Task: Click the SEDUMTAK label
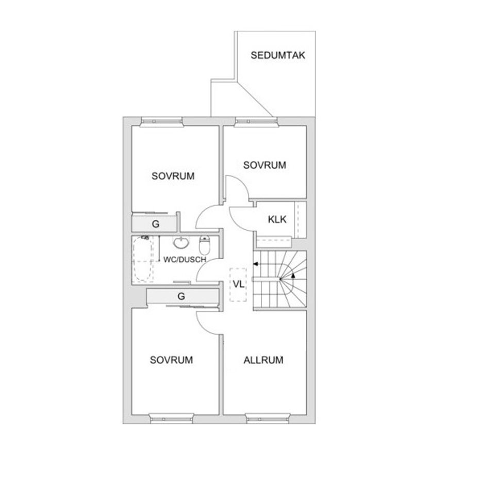277,55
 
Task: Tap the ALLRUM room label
263,360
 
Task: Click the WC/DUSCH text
185,260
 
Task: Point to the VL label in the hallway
238,284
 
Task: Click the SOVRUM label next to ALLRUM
171,360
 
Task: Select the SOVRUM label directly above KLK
265,165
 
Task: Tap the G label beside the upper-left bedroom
155,224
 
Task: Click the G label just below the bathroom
181,296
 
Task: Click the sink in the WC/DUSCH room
181,242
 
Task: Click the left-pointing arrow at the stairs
256,264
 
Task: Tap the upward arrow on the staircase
293,276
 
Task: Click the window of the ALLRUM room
267,417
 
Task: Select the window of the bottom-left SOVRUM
172,417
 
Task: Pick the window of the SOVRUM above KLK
256,122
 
